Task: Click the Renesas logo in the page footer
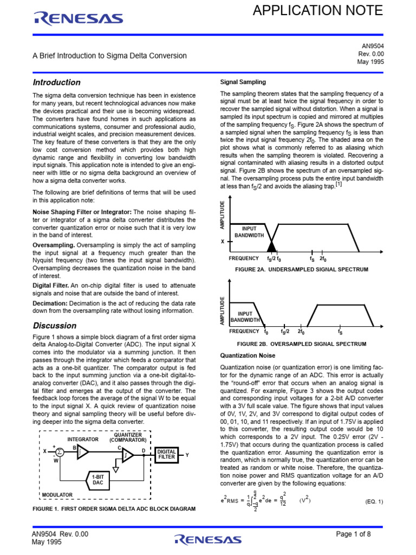tap(207, 539)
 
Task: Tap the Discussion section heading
tap(54, 326)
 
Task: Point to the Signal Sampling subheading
tap(243, 82)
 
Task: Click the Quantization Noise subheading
tap(248, 356)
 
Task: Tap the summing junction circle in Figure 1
tap(60, 451)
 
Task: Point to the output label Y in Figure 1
tap(187, 455)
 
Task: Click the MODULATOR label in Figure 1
tap(57, 495)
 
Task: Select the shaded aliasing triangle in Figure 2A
tap(271, 246)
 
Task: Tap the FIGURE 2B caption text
tap(301, 344)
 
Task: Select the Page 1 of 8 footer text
tap(353, 534)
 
